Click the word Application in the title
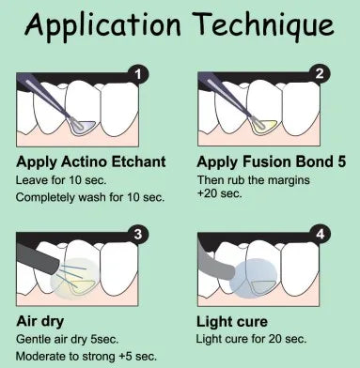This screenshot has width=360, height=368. (x=102, y=25)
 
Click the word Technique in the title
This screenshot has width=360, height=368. (x=265, y=25)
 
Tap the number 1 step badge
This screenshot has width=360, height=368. (x=138, y=74)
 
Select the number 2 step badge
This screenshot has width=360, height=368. (x=320, y=73)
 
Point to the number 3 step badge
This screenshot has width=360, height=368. (x=138, y=234)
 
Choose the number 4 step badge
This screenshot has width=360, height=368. (x=320, y=234)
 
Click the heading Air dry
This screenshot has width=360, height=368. (x=40, y=322)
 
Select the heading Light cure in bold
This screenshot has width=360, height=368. (x=232, y=322)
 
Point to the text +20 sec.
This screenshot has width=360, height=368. (x=220, y=193)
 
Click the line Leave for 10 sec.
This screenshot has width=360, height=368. (x=61, y=180)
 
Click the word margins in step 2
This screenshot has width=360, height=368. (x=288, y=180)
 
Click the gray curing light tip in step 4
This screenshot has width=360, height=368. (x=216, y=262)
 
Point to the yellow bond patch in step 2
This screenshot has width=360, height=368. (x=265, y=126)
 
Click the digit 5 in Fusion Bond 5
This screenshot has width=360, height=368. (x=342, y=161)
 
